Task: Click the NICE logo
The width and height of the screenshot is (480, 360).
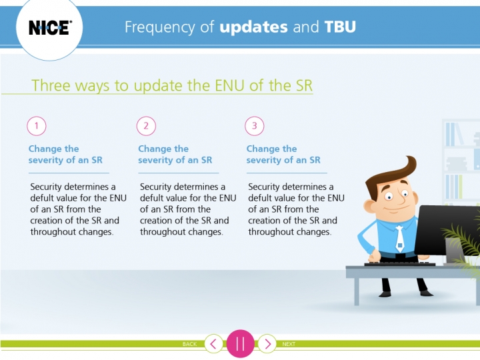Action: coord(50,27)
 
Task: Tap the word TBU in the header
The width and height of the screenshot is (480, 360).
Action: coord(340,27)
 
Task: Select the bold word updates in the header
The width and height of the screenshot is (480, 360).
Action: coord(253,27)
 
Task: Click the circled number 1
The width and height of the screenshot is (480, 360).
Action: coord(37,126)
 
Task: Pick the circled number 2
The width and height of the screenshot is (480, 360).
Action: coord(146,126)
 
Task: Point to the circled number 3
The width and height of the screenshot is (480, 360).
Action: coord(255,126)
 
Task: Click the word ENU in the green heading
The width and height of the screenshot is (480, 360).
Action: coord(229,85)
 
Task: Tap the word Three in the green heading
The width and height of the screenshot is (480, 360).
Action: coord(51,85)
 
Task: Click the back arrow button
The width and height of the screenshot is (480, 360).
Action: coord(213,344)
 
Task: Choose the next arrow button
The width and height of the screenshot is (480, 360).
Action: coord(267,344)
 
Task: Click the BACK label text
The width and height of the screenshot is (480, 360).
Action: coord(189,344)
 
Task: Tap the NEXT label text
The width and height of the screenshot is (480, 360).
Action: coord(289,344)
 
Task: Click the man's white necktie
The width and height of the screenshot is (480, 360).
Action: coord(399,239)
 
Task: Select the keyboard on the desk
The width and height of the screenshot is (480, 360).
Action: coord(399,264)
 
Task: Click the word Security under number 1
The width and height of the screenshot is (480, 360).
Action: coord(47,187)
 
